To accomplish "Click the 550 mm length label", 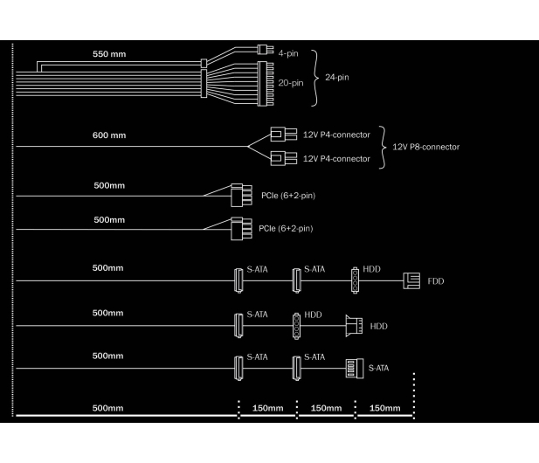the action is [109, 54].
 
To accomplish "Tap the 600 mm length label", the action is [109, 135].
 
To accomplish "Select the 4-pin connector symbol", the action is [266, 50].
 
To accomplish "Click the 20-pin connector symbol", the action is [266, 84].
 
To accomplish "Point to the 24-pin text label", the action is [337, 78].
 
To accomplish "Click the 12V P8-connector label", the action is [426, 147].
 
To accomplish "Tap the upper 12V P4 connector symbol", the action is [284, 134].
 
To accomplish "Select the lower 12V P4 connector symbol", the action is [284, 158].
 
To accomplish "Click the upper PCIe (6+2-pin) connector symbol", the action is [241, 195].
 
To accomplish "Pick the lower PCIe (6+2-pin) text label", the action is [286, 229].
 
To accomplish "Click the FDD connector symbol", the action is [411, 280].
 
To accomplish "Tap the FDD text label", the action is [436, 281].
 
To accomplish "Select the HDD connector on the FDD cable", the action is [355, 280].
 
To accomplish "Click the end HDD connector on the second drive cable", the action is [354, 326].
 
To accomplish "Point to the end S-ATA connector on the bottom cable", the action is [355, 368].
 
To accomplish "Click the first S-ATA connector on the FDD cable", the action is [238, 280].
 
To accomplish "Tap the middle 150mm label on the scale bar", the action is [326, 408].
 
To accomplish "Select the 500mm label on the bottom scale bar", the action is [107, 408].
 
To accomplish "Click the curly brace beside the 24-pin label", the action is [314, 78].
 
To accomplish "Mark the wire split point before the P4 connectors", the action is [247, 147].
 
